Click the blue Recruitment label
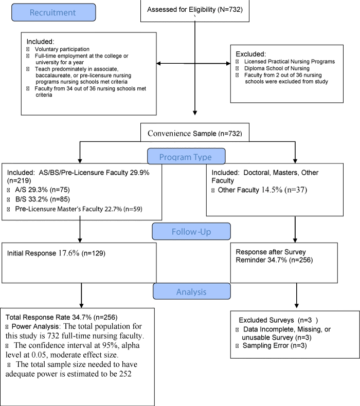tap(53, 12)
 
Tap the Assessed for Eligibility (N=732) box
tap(194, 11)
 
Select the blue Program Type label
tap(186, 156)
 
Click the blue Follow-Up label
tap(191, 231)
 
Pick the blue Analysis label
tap(191, 291)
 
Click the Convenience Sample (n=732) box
tap(194, 132)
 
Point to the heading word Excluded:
tap(250, 54)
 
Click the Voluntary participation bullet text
tap(62, 49)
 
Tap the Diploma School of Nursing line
tap(277, 68)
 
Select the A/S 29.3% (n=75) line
tap(42, 190)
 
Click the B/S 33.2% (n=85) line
tap(43, 199)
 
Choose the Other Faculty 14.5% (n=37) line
tap(262, 190)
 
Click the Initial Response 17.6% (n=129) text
tap(56, 253)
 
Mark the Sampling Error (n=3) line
tap(275, 346)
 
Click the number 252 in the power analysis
tap(125, 374)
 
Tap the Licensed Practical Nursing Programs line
tap(290, 62)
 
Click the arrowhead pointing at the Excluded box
tap(228, 63)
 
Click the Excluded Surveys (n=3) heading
tap(278, 320)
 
